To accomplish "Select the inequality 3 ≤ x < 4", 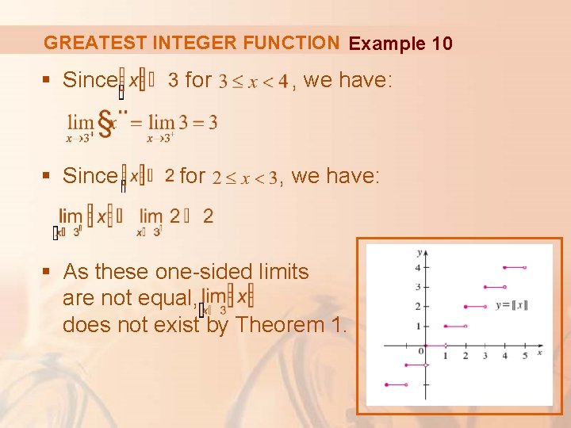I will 253,82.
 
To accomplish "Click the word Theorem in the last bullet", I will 280,324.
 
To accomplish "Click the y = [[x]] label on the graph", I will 510,305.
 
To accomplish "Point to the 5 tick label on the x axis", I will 524,356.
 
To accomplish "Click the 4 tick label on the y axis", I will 418,268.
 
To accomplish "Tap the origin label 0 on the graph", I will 421,351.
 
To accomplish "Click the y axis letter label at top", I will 418,252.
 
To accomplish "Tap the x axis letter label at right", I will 539,352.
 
